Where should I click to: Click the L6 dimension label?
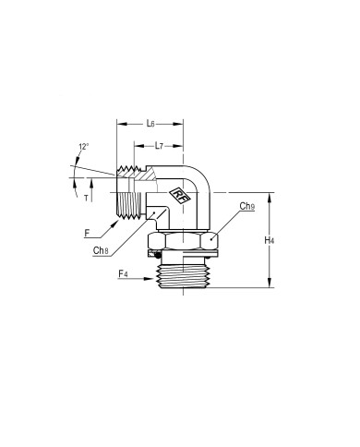click(x=150, y=124)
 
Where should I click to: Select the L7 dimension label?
click(x=159, y=145)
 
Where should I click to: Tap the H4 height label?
click(x=269, y=240)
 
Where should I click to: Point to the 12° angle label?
click(x=84, y=147)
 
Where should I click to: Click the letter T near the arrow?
click(x=86, y=199)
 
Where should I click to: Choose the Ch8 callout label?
click(x=101, y=250)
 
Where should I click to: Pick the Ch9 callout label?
click(x=247, y=206)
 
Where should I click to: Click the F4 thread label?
click(x=123, y=273)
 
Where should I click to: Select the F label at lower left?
click(x=87, y=234)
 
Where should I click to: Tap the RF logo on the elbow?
click(x=180, y=196)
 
